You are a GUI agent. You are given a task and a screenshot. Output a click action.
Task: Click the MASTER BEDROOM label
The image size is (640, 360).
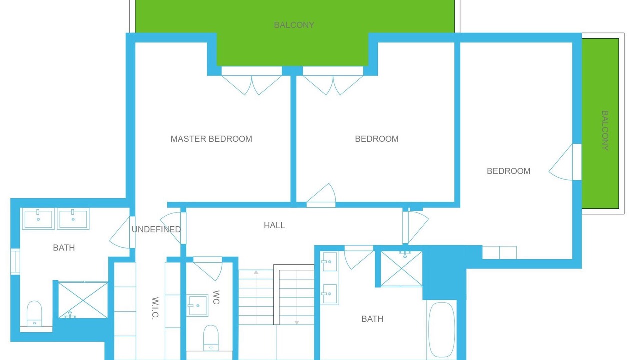pyautogui.click(x=211, y=139)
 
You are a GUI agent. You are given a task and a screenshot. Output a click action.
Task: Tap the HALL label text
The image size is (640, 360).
pyautogui.click(x=274, y=225)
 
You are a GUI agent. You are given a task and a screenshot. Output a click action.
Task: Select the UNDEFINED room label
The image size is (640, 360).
pyautogui.click(x=156, y=229)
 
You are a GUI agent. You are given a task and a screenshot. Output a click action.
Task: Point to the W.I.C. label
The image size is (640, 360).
pyautogui.click(x=155, y=308)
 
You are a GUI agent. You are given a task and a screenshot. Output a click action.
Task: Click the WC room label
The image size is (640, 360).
pyautogui.click(x=216, y=297)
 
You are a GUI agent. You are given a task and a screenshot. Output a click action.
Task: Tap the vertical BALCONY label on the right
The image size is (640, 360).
pyautogui.click(x=605, y=130)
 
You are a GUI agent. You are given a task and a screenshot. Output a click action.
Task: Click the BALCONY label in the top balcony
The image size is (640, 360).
pyautogui.click(x=294, y=25)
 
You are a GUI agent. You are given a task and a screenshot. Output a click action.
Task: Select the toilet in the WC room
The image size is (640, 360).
pyautogui.click(x=211, y=338)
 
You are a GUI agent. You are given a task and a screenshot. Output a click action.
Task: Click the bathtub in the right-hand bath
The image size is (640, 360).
pyautogui.click(x=441, y=330)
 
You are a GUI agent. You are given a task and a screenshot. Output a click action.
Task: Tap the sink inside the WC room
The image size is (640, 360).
pyautogui.click(x=197, y=305)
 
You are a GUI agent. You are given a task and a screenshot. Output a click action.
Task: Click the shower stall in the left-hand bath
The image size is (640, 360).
pyautogui.click(x=83, y=300)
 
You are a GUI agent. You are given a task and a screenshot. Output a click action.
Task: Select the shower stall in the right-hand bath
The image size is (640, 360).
pyautogui.click(x=401, y=269)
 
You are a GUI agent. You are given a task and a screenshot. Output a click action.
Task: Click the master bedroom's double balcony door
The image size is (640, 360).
pyautogui.click(x=251, y=81)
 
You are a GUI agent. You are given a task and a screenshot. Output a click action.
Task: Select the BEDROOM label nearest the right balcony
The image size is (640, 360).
pyautogui.click(x=508, y=171)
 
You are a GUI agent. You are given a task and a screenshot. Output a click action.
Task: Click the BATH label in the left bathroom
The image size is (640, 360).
pyautogui.click(x=64, y=248)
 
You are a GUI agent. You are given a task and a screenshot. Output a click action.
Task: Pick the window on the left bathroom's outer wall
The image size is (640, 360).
pyautogui.click(x=15, y=261)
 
